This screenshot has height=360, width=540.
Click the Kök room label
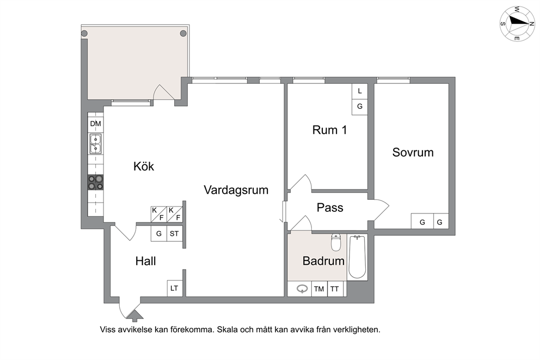pos(144,167)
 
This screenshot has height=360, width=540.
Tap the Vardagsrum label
pos(236,190)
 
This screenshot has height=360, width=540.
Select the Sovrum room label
pos(413,152)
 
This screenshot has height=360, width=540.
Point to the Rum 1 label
pos(329,130)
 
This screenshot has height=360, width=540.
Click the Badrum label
pos(323,261)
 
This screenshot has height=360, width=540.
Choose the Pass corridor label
pos(330,208)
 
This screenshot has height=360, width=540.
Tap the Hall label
pos(146,261)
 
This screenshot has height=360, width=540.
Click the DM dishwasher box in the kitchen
pos(95,124)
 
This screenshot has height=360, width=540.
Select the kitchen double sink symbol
pos(95,144)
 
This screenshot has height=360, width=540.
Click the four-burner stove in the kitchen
pos(95,182)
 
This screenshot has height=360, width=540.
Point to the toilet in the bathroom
pos(336,242)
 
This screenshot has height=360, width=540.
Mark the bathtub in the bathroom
pos(357,257)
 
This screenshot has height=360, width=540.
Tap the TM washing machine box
pos(319,289)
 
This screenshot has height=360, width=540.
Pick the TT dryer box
pos(335,289)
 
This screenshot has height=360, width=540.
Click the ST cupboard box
pos(174,234)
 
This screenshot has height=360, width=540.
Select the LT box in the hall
pos(174,288)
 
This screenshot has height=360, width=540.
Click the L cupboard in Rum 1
pos(360,91)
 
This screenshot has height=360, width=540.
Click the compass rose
pos(517,23)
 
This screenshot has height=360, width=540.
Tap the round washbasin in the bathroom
pos(302,289)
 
